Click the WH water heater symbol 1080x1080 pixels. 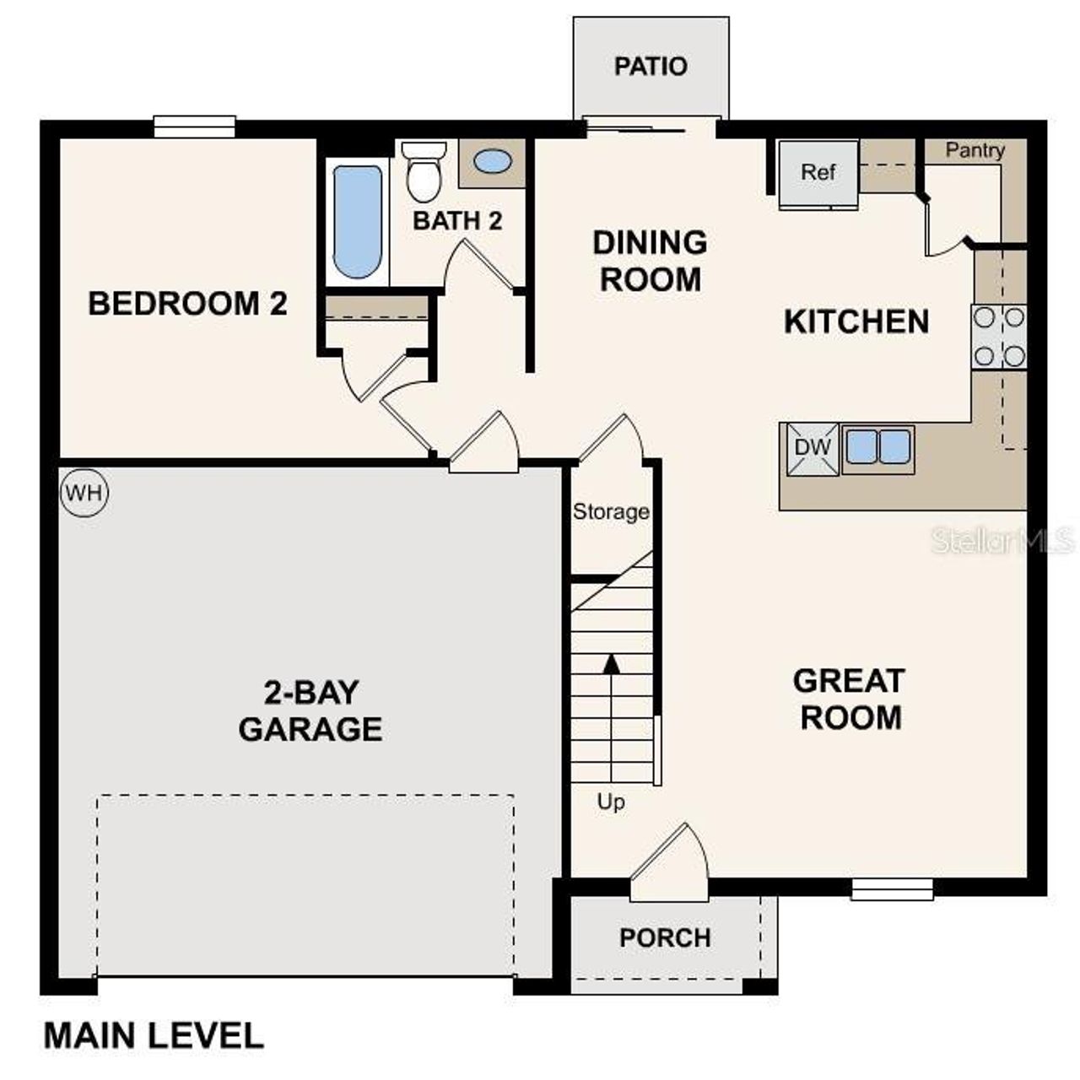tap(84, 493)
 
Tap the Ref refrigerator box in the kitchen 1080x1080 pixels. tap(818, 173)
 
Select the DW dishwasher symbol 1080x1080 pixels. tap(813, 448)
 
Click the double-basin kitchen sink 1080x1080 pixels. tap(877, 447)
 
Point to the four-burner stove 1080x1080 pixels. tap(999, 337)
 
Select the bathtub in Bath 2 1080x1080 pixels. tap(357, 222)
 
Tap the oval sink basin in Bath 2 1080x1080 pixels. tap(492, 161)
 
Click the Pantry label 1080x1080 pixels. tap(975, 150)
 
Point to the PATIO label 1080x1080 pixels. tap(651, 66)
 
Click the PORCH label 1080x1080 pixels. tap(665, 937)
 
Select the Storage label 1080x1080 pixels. tap(611, 511)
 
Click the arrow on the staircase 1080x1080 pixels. tap(612, 663)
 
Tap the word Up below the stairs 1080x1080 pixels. tap(611, 802)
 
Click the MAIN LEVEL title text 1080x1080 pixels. tap(154, 1035)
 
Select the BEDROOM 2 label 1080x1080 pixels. tap(187, 303)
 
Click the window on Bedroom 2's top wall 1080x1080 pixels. tap(194, 127)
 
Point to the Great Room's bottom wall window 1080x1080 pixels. tap(892, 889)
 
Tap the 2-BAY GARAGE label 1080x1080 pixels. tap(310, 711)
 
